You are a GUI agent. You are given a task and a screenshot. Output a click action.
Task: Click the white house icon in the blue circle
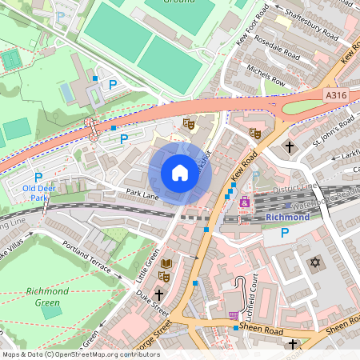[x=180, y=173]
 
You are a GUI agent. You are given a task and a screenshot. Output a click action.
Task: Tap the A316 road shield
[x=337, y=94]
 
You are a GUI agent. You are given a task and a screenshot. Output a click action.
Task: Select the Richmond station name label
[x=286, y=217]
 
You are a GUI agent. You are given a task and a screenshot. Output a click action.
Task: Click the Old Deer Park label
[x=36, y=193]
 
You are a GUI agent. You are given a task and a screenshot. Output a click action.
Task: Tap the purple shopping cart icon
[x=234, y=316]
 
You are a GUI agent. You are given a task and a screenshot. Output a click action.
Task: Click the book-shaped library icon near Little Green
[x=166, y=263]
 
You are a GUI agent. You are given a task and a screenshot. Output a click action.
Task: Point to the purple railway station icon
[x=244, y=203]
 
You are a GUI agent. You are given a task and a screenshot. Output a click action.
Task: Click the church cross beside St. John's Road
[x=288, y=147]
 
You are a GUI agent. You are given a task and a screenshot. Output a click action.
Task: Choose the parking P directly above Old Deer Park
[x=38, y=176]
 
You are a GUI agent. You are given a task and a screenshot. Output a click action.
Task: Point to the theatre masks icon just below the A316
[x=189, y=123]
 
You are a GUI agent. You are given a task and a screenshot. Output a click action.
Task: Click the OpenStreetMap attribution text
[x=80, y=354]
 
